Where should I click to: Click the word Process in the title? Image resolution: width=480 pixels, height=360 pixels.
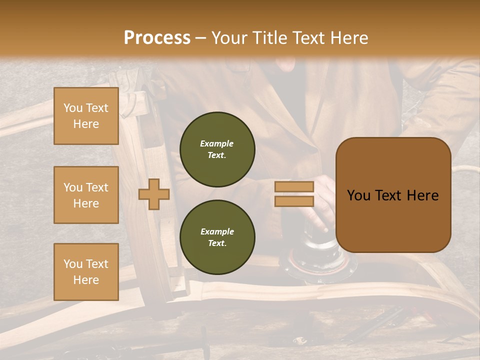(157, 38)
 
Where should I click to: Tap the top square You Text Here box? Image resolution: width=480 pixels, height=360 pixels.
(86, 116)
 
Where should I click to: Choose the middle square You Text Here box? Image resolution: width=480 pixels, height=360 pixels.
(86, 195)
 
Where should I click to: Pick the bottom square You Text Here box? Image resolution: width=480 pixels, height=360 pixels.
(86, 271)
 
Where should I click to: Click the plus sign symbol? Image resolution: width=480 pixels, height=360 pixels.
(154, 194)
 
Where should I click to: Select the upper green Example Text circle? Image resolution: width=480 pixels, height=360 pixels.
(217, 149)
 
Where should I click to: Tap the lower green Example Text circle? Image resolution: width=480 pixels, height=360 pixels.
(217, 237)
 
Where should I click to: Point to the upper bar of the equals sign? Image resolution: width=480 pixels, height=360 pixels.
(294, 186)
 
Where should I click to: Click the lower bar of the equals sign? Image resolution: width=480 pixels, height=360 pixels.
(294, 201)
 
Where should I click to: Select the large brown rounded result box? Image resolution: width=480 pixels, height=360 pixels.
(393, 195)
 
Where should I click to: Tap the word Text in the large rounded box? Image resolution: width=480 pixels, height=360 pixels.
(392, 195)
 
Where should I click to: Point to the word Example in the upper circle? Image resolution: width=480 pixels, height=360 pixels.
(217, 143)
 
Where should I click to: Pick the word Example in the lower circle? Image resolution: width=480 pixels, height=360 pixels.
(217, 231)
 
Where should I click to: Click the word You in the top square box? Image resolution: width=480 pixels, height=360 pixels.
(73, 108)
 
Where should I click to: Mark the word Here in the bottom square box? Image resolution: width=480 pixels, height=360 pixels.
(86, 280)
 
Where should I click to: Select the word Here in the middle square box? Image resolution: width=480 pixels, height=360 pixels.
(86, 203)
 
